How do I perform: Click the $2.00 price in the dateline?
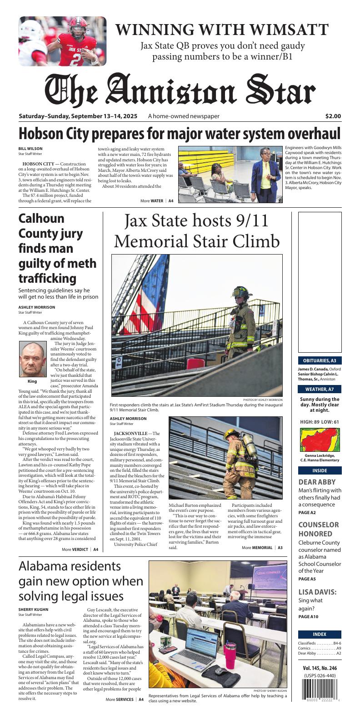click(x=333, y=116)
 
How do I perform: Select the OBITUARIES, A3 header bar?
click(x=320, y=360)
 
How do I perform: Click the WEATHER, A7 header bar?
click(x=320, y=389)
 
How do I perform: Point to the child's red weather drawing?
click(x=320, y=440)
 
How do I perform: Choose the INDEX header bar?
click(x=320, y=634)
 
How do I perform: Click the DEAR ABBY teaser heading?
click(x=317, y=482)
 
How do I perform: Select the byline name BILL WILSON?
click(x=30, y=149)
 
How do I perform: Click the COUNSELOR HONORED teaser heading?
click(x=318, y=529)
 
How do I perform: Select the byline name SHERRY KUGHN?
click(x=33, y=609)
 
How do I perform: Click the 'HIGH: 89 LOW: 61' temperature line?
click(x=320, y=422)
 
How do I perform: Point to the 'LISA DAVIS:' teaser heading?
click(x=317, y=592)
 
